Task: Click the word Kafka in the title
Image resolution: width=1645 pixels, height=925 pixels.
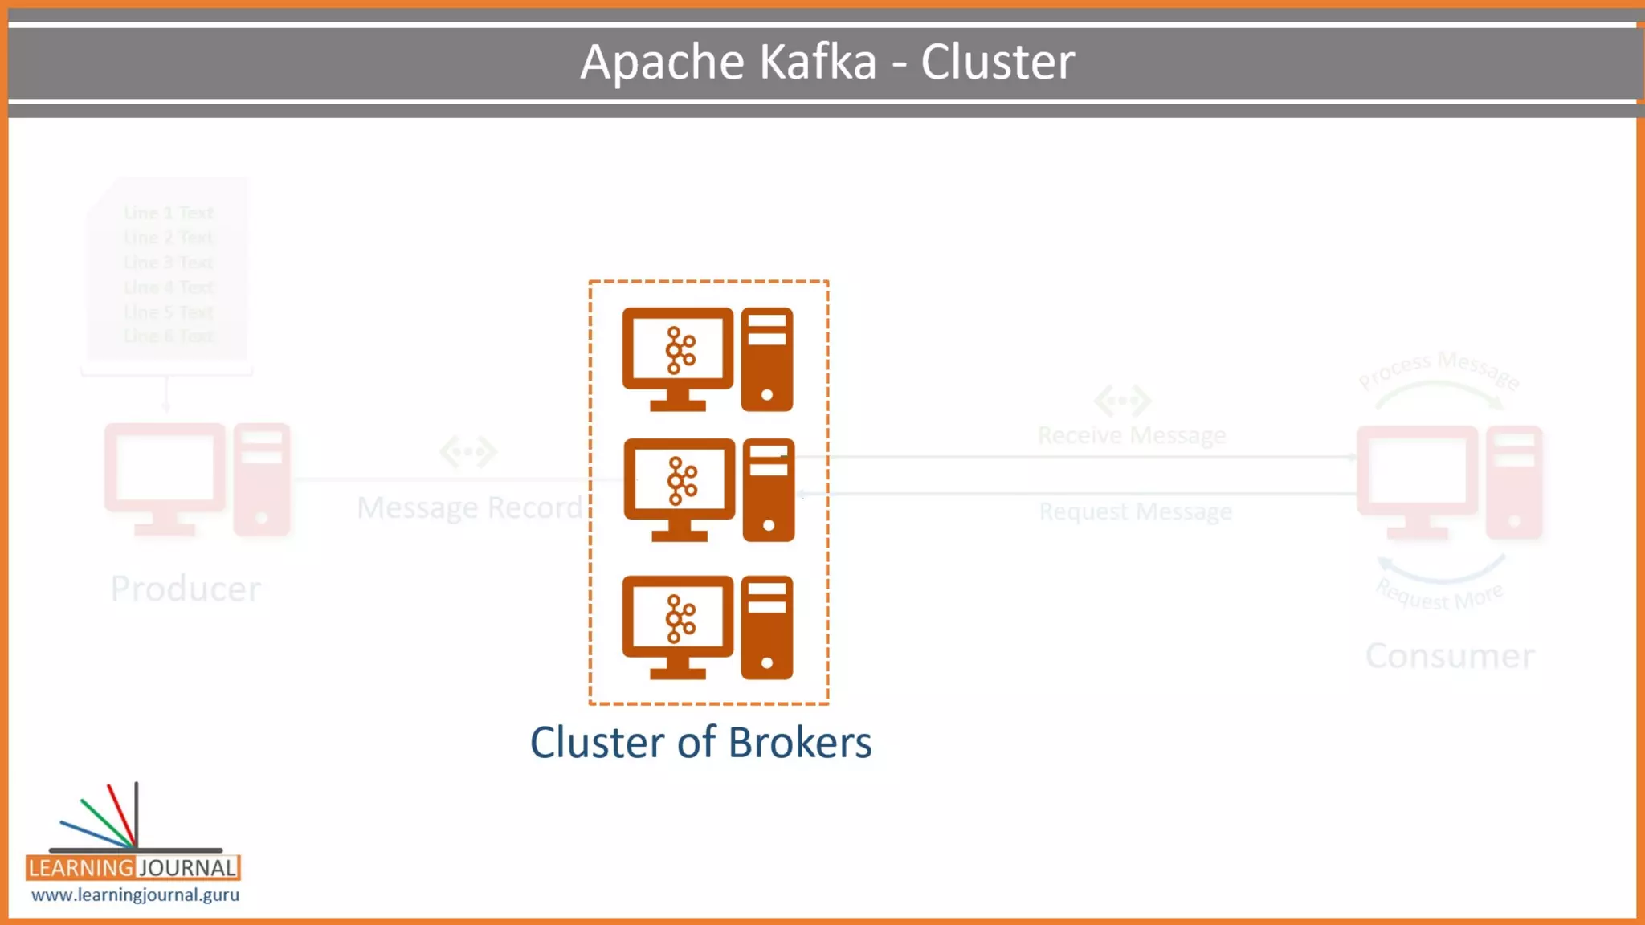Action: point(817,62)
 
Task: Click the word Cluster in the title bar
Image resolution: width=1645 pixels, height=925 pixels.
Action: point(997,62)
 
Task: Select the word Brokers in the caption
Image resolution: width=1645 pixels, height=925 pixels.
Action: point(800,742)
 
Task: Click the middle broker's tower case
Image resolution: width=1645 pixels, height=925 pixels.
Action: point(769,490)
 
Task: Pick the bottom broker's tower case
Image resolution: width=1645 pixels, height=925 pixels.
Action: point(767,627)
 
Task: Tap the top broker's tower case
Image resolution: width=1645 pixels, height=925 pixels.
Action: point(767,359)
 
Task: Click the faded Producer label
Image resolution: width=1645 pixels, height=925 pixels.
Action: point(186,589)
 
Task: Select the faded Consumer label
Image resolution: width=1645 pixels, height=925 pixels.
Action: point(1450,656)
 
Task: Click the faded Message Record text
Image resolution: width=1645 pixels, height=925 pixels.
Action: point(469,507)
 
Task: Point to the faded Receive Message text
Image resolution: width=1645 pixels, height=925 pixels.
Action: point(1132,435)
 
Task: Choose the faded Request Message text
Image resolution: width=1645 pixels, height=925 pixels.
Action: point(1135,511)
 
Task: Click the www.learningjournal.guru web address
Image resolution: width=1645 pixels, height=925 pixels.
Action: point(135,894)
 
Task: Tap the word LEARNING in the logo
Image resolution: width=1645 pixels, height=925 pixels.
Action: point(80,868)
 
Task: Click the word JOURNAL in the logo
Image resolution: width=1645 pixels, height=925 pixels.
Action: point(188,868)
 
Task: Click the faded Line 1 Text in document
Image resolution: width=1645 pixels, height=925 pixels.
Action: point(169,213)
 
